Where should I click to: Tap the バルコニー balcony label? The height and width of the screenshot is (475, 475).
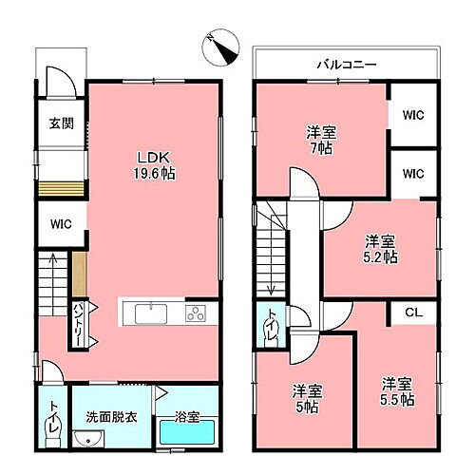(346, 64)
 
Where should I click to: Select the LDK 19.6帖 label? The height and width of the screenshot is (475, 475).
(153, 167)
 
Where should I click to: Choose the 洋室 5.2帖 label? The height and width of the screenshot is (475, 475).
(382, 249)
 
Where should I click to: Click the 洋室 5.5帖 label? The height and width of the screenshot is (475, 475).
(398, 391)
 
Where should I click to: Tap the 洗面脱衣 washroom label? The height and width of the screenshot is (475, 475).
(107, 415)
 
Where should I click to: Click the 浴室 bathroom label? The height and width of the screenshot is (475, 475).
(186, 415)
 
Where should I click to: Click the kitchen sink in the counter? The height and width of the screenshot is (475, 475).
(149, 314)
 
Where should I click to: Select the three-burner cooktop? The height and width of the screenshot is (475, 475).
(196, 314)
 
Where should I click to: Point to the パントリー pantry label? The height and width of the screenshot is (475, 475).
(79, 323)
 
